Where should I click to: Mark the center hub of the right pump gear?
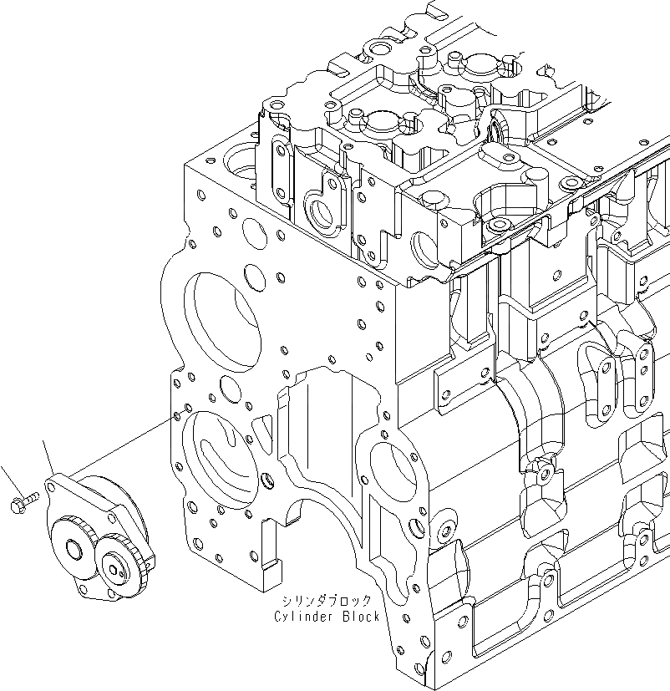coord(119,569)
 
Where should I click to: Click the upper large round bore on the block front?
coord(221,318)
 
